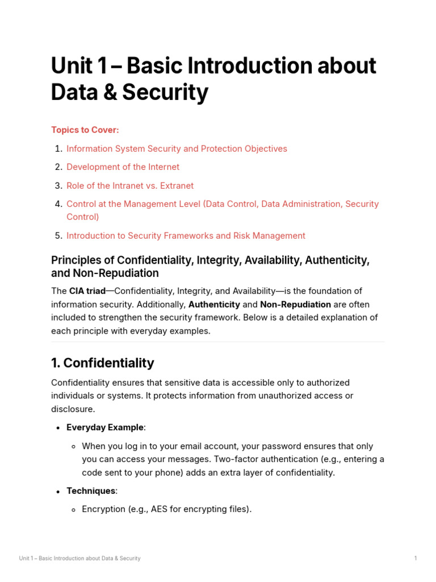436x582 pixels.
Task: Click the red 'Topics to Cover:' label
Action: click(x=85, y=130)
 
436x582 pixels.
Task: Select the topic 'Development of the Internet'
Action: click(x=123, y=167)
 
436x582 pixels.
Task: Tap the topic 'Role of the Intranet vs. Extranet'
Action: click(x=130, y=186)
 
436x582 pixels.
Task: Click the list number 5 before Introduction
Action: click(x=58, y=236)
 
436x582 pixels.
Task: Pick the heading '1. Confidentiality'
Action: click(x=102, y=363)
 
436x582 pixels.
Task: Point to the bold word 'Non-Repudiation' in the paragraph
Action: click(x=295, y=305)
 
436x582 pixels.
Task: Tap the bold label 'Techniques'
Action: click(x=91, y=490)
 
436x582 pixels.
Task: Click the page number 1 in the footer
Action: click(x=416, y=559)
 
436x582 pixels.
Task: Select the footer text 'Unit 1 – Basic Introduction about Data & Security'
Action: click(x=79, y=559)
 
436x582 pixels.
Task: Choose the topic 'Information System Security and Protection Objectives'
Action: click(x=177, y=149)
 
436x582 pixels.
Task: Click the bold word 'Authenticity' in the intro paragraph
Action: click(x=214, y=305)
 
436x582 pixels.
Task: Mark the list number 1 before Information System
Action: click(x=58, y=149)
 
